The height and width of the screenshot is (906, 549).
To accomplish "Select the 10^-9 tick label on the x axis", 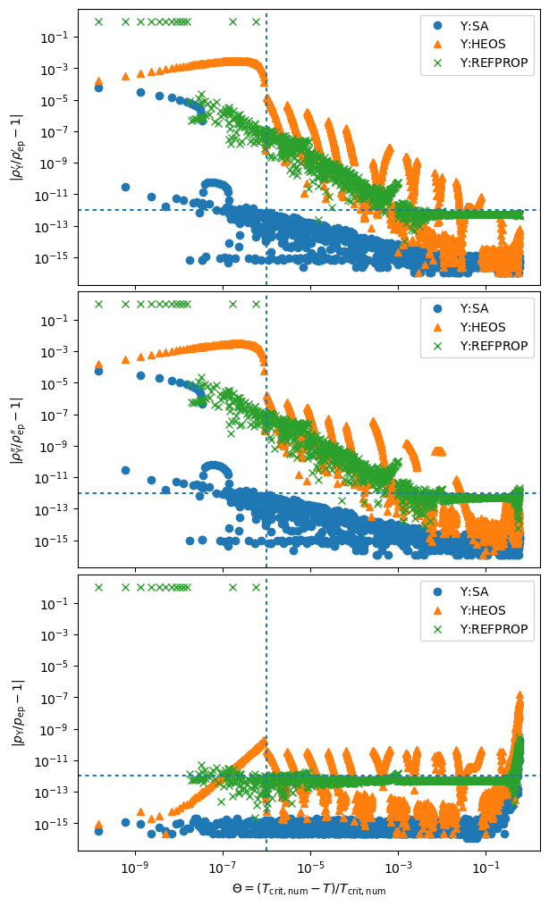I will coord(135,866).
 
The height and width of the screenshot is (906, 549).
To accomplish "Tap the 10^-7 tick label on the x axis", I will coord(223,866).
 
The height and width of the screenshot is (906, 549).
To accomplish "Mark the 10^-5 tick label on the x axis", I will coord(310,866).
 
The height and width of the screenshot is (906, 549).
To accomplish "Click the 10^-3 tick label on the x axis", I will coord(398,866).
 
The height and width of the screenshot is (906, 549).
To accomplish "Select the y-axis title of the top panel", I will coord(17,147).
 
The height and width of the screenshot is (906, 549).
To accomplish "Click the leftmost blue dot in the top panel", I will coord(98,88).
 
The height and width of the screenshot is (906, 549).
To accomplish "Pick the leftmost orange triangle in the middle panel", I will coord(98,364).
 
